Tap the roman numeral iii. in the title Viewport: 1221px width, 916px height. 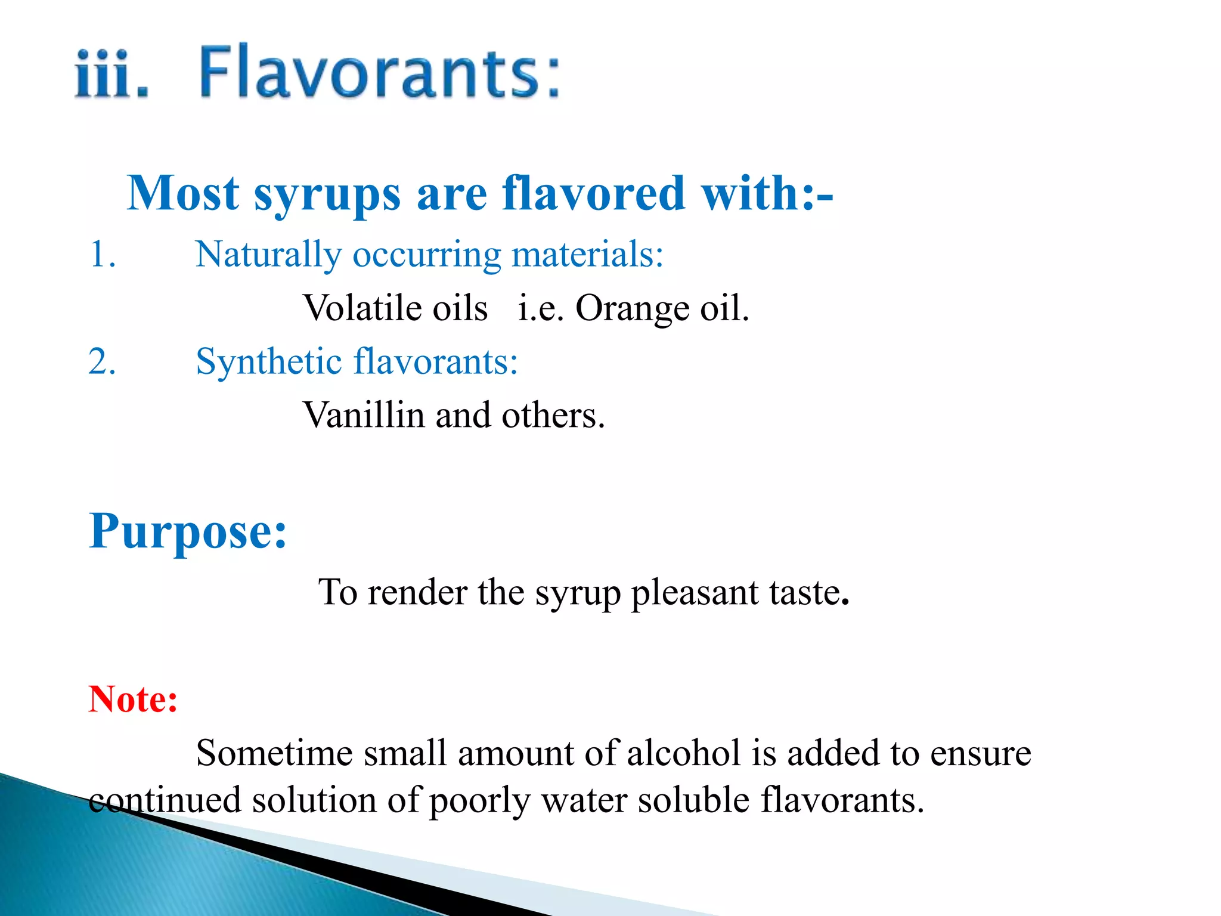click(111, 75)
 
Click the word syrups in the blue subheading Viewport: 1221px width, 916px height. click(327, 194)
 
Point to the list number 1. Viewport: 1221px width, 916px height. click(102, 255)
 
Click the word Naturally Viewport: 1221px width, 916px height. click(268, 255)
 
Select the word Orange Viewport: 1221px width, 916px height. click(631, 310)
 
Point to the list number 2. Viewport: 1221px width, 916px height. click(102, 361)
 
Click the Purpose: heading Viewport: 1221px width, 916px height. click(188, 531)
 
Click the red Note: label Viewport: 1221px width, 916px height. click(133, 699)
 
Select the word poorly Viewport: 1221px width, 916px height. click(479, 801)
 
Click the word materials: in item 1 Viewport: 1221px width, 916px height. click(587, 255)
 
